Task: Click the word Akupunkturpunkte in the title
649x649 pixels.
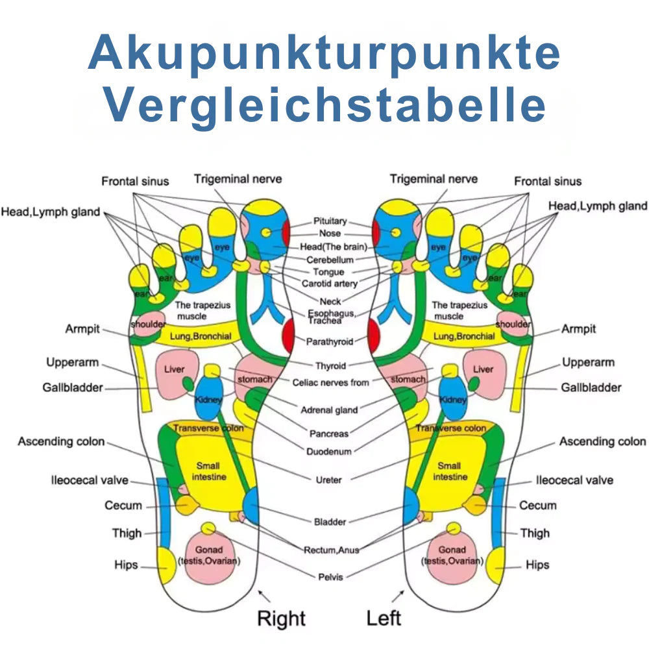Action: (x=324, y=53)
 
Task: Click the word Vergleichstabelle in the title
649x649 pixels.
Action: (x=324, y=104)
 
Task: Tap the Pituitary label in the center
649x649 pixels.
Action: (x=330, y=221)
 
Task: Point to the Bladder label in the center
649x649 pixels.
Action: (x=330, y=522)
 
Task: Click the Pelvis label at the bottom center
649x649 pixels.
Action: (x=331, y=576)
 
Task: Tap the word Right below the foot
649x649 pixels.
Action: (x=281, y=618)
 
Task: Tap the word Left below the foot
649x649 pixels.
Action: (x=384, y=618)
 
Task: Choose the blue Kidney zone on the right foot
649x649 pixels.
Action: (x=209, y=399)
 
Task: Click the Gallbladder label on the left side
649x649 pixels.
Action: (x=73, y=387)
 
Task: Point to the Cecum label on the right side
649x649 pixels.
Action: (x=537, y=506)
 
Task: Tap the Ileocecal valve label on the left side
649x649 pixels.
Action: (x=90, y=481)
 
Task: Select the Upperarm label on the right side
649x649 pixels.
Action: (x=588, y=362)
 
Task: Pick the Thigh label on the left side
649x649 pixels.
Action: (x=127, y=533)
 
